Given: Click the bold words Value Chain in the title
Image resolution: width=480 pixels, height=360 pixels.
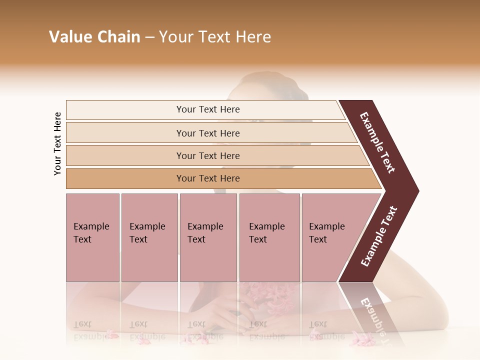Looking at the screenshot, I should click(94, 37).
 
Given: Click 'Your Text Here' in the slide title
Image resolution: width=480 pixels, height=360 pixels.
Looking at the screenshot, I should click(215, 37).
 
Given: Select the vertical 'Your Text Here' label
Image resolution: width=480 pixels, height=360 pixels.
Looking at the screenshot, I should click(57, 144).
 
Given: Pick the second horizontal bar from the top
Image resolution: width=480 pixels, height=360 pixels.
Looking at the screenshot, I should click(208, 133).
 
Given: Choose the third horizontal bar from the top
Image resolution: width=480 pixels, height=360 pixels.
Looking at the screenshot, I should click(208, 155).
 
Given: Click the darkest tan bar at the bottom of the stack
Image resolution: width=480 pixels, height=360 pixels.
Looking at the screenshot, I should click(208, 178).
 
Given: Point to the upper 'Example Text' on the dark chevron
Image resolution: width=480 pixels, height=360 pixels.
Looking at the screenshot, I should click(377, 142).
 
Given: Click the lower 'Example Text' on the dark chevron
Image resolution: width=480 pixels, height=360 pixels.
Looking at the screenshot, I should click(379, 236).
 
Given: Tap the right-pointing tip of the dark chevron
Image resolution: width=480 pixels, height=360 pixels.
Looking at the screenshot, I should click(415, 191).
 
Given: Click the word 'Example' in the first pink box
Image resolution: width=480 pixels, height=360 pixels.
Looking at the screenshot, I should click(91, 226).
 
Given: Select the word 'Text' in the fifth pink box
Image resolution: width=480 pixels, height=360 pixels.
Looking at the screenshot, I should click(318, 239).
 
